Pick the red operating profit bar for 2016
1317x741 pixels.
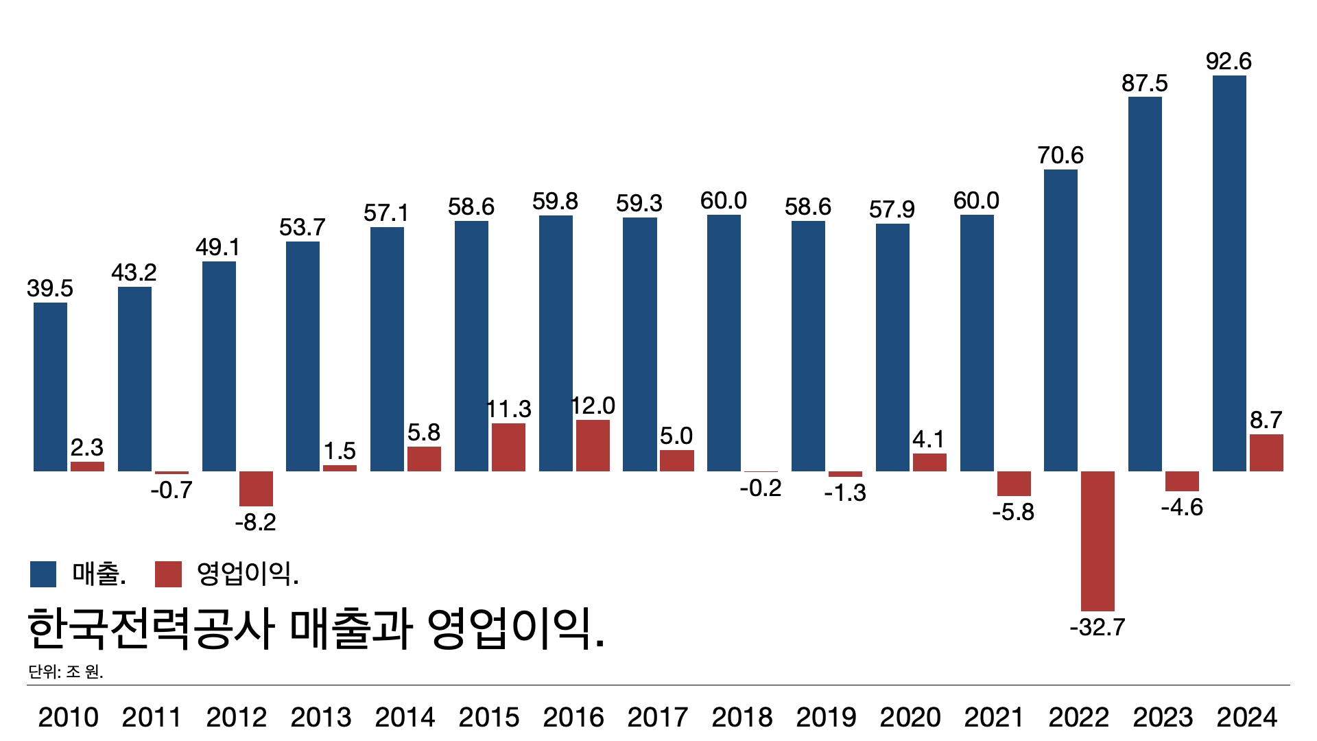[x=593, y=445]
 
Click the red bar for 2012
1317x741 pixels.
[x=256, y=489]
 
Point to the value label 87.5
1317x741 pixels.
[x=1144, y=83]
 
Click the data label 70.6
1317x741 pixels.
[x=1060, y=155]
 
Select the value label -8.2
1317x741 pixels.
[x=255, y=522]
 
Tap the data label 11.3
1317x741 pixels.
[x=508, y=409]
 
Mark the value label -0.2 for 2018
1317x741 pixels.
[x=761, y=488]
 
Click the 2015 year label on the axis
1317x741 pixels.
[x=489, y=717]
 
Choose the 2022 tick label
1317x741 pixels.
[x=1078, y=717]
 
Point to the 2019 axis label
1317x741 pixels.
[x=826, y=717]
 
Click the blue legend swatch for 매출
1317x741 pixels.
[x=43, y=574]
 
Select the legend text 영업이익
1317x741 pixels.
[x=248, y=574]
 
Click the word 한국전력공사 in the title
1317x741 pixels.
[x=151, y=628]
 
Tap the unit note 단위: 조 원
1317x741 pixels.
[x=66, y=671]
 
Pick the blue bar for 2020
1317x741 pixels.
[x=892, y=347]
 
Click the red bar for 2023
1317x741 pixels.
[x=1182, y=481]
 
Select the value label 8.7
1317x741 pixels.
[x=1266, y=420]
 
